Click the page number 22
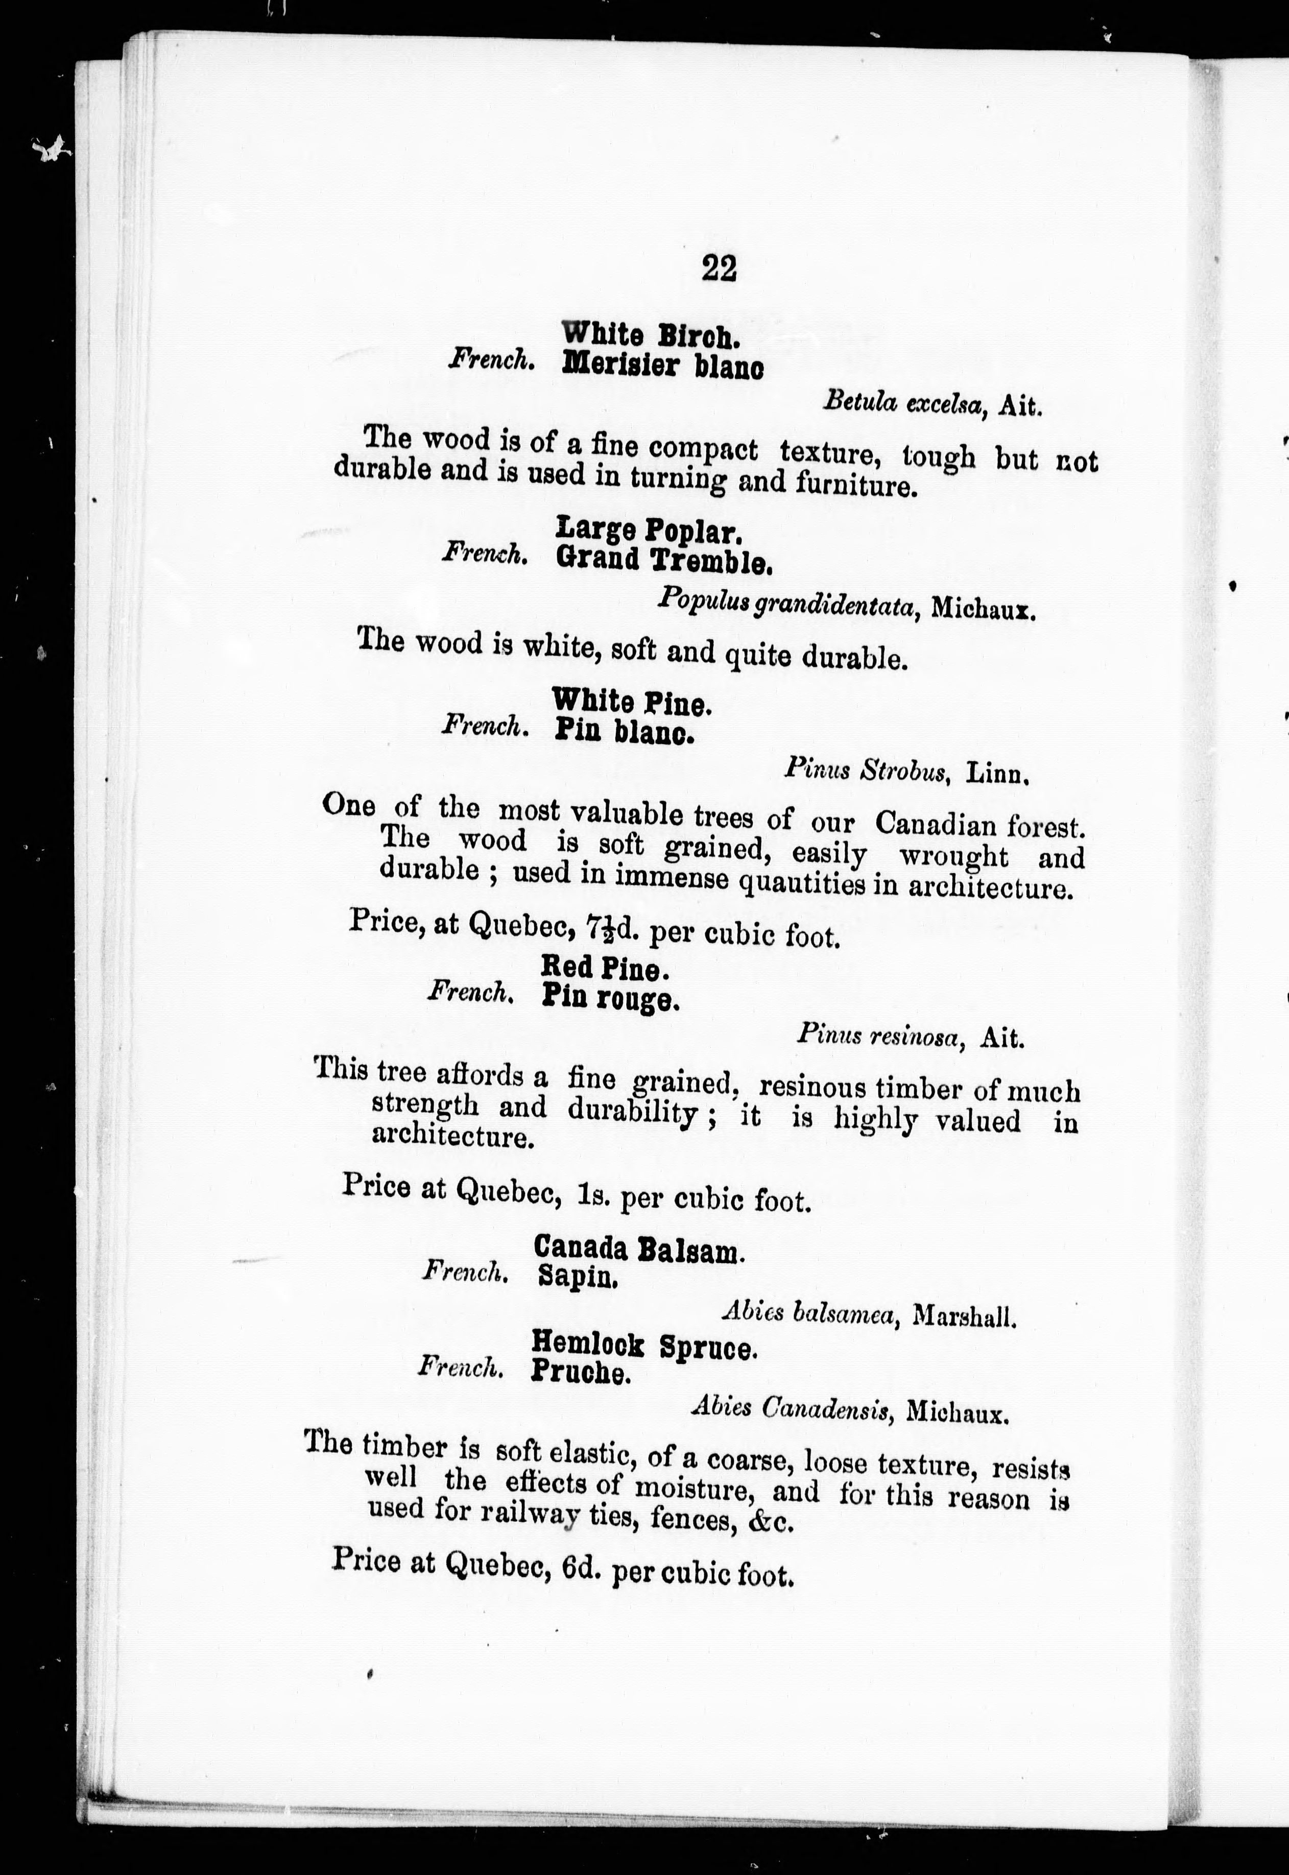(x=719, y=268)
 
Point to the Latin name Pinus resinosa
(x=880, y=1035)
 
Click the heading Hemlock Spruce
(x=643, y=1346)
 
